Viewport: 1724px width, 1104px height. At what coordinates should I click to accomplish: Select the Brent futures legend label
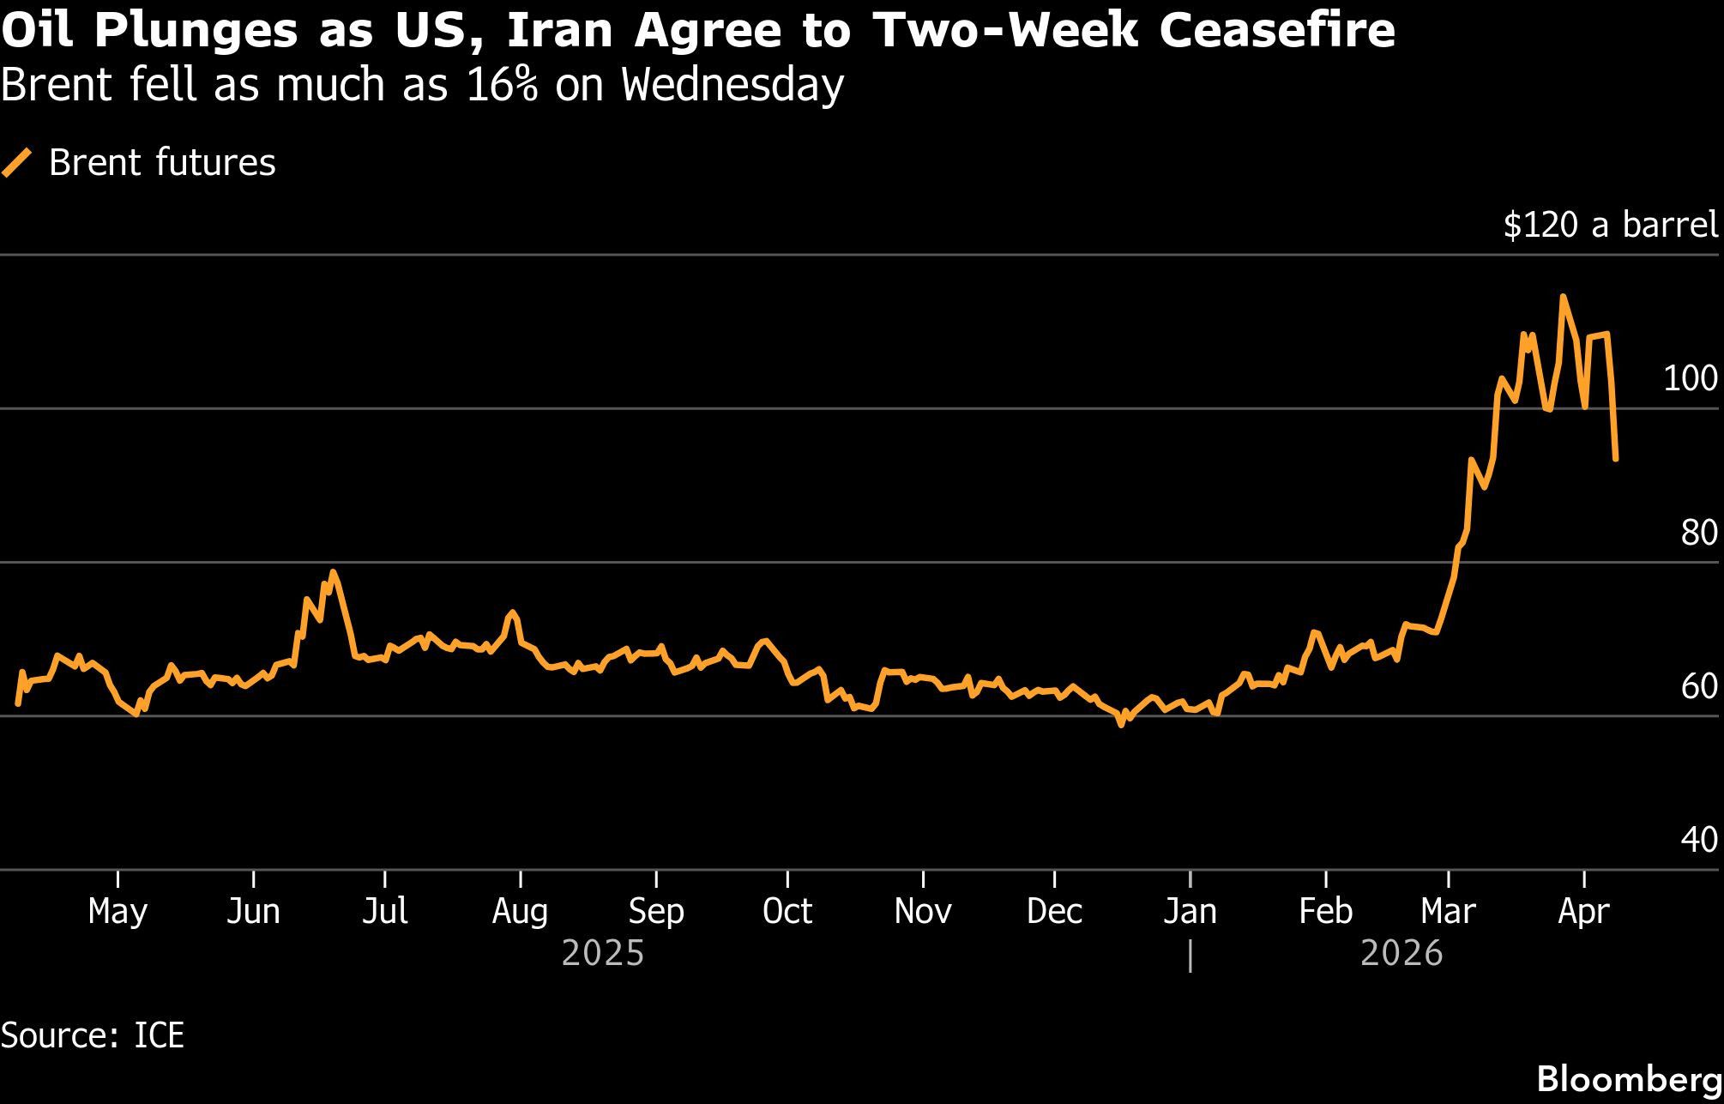pos(162,163)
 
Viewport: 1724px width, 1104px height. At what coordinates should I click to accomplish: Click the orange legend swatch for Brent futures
pos(17,162)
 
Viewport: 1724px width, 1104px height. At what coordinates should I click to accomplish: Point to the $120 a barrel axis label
pos(1611,225)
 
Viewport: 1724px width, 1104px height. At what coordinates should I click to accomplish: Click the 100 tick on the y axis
pos(1690,378)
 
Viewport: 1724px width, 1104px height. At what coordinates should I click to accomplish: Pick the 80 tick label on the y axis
pos(1698,533)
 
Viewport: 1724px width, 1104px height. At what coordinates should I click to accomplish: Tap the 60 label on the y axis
pos(1698,686)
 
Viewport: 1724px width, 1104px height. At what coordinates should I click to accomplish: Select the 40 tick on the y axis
pos(1698,840)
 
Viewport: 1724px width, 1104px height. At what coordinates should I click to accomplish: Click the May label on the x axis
pos(118,911)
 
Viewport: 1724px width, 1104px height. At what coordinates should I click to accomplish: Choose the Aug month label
pos(520,911)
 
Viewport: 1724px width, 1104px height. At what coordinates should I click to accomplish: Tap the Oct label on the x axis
pos(787,911)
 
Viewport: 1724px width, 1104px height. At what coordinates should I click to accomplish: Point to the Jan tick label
pos(1190,911)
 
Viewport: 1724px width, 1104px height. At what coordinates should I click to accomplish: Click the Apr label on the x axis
pos(1583,911)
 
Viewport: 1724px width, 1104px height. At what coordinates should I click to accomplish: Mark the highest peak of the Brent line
pos(1563,297)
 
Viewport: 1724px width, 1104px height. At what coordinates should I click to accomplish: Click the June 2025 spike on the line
pos(333,572)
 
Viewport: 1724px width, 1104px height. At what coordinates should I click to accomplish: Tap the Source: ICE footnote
pos(93,1035)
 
